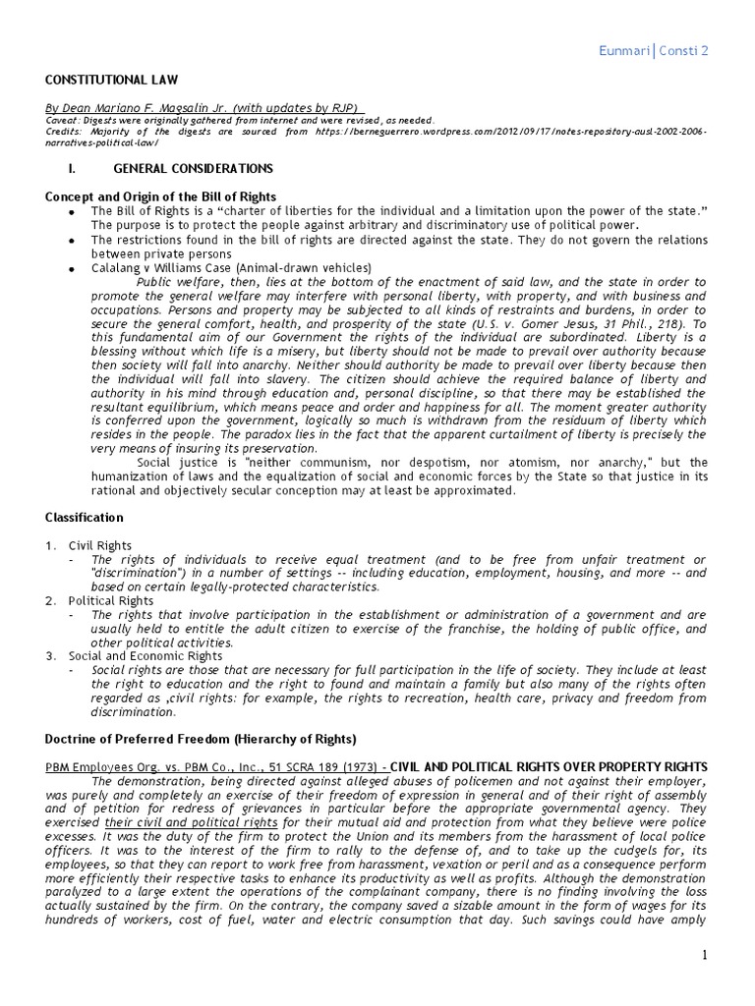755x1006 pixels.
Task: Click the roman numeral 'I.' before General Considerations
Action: click(x=86, y=169)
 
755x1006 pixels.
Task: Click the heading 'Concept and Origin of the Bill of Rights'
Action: click(x=161, y=196)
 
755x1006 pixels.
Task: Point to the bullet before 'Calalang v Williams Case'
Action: click(x=68, y=268)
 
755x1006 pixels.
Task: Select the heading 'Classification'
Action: click(x=85, y=517)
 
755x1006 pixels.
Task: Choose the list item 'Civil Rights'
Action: click(x=99, y=545)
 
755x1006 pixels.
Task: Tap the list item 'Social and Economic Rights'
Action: click(x=145, y=655)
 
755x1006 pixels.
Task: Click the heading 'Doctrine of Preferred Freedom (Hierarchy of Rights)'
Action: click(x=203, y=737)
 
